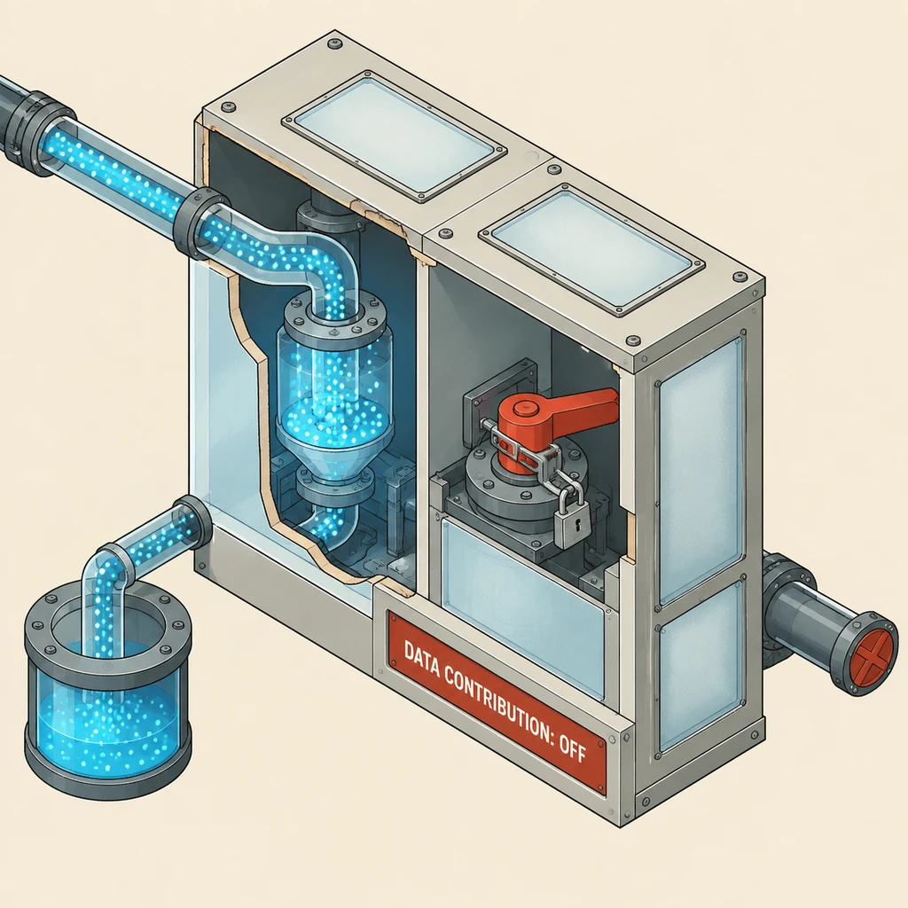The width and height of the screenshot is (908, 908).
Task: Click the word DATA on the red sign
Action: click(422, 660)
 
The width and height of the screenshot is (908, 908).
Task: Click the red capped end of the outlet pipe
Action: click(873, 654)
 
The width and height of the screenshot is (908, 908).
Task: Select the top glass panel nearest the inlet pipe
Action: click(395, 136)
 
